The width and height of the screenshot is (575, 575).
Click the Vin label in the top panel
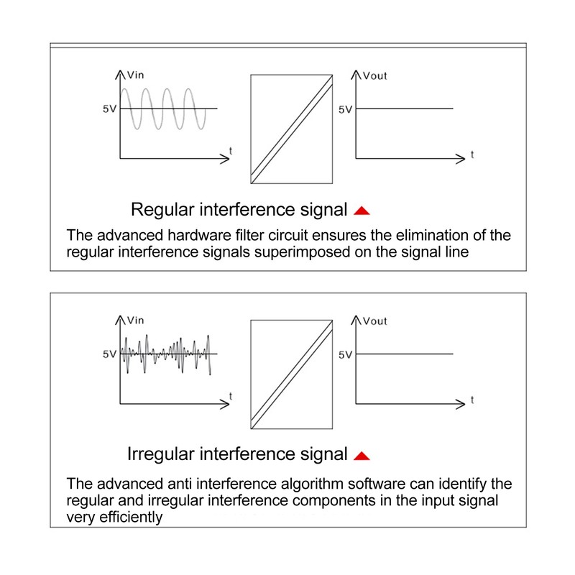pyautogui.click(x=135, y=75)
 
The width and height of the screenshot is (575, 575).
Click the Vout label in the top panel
pyautogui.click(x=374, y=76)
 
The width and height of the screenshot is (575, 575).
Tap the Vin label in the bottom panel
pyautogui.click(x=135, y=321)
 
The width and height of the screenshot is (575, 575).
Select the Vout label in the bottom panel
pyautogui.click(x=374, y=321)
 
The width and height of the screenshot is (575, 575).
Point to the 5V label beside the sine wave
pyautogui.click(x=109, y=109)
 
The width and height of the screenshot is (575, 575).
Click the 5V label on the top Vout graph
pyautogui.click(x=345, y=109)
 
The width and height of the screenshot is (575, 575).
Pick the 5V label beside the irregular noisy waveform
pyautogui.click(x=109, y=354)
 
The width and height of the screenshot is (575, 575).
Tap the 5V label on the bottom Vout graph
pyautogui.click(x=345, y=354)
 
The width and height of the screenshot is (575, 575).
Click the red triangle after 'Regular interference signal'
pyautogui.click(x=362, y=211)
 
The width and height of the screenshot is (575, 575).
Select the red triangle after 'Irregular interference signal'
pyautogui.click(x=362, y=456)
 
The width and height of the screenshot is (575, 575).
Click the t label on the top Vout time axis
pyautogui.click(x=472, y=155)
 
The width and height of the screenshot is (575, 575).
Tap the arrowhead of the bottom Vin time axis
pyautogui.click(x=225, y=404)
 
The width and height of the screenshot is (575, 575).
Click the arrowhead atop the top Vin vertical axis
pyautogui.click(x=120, y=75)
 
